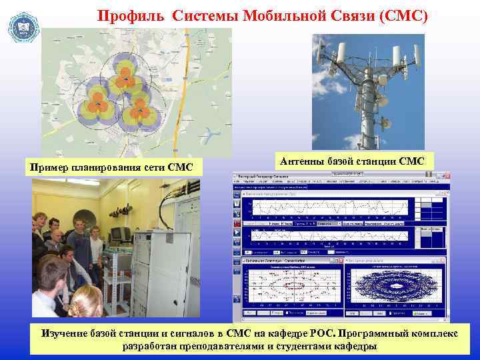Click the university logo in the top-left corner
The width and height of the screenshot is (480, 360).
23,27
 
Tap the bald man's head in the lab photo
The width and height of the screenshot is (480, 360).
57,237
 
